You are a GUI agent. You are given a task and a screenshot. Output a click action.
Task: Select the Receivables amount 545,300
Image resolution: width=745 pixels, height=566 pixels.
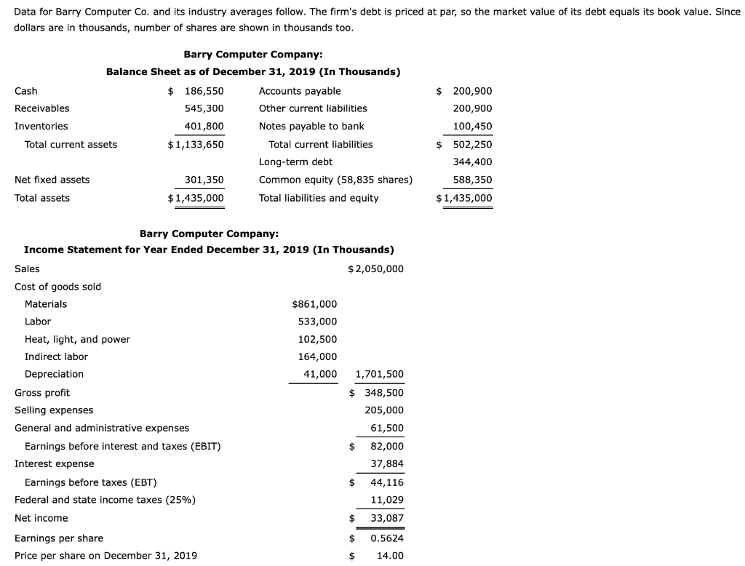coord(204,108)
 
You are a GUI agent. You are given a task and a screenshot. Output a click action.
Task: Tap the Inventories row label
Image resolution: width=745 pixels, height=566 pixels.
coord(41,126)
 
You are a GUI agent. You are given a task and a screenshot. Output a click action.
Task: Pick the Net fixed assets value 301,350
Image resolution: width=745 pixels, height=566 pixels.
coord(204,180)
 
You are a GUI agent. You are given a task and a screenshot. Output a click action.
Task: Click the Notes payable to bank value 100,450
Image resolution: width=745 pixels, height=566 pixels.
coord(472,126)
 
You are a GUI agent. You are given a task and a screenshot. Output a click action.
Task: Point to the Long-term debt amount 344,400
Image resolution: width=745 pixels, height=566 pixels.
coord(472,162)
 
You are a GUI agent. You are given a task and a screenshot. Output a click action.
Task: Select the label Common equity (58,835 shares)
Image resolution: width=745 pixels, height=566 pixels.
coord(335,180)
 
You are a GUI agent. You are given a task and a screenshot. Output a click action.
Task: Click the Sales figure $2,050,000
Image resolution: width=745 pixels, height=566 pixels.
coord(375,268)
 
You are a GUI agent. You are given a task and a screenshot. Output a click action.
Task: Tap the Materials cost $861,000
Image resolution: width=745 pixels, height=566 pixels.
coord(314,304)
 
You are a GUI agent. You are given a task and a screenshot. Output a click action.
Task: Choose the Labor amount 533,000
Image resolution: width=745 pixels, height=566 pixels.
coord(318,322)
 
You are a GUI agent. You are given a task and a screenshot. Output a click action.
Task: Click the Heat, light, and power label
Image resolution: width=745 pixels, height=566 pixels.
coord(77,339)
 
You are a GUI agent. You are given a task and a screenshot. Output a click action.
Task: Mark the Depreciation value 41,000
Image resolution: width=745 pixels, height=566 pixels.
coord(320,374)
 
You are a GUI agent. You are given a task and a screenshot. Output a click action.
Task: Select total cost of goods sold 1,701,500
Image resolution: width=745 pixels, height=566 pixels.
coord(379,375)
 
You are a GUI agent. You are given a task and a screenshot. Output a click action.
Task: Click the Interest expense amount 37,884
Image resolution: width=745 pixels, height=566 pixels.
coord(387,463)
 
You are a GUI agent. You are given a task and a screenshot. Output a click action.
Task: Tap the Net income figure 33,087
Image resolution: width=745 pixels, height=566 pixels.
coord(387,518)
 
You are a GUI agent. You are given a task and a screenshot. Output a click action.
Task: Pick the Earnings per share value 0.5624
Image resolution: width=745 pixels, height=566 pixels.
coord(387,538)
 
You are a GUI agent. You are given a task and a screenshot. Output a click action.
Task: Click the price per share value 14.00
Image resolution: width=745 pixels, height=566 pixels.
coord(390,556)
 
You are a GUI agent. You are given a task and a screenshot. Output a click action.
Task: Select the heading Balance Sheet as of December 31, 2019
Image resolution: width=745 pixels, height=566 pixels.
coord(253,72)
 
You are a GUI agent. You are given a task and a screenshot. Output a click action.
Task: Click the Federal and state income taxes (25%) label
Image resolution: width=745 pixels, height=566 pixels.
coord(105,500)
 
